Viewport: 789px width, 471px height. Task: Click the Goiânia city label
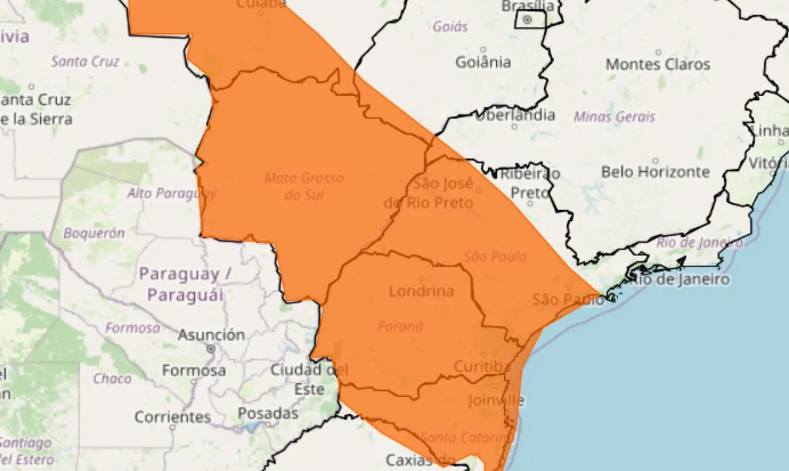tap(483, 62)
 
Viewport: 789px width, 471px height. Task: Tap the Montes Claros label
tap(658, 64)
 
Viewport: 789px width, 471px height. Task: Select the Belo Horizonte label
tap(655, 171)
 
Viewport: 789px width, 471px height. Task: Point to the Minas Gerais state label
tap(614, 117)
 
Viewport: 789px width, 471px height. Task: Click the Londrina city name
tap(421, 290)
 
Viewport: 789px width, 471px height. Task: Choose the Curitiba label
tap(482, 367)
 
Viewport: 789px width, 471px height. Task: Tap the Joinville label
tap(496, 400)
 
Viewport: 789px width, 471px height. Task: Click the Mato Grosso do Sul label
tap(304, 186)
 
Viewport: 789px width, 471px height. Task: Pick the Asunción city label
tap(211, 335)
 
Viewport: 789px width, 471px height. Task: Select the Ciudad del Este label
tap(309, 379)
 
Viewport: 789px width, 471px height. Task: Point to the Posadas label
tap(268, 413)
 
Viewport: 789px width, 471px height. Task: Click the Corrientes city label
tap(173, 417)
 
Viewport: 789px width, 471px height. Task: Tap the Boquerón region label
tap(94, 234)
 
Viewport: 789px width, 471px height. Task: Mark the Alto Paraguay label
tap(171, 194)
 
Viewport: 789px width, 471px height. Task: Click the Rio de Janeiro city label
tap(677, 279)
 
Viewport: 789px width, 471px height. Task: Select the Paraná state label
tap(400, 326)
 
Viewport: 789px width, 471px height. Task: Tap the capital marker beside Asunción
tap(211, 349)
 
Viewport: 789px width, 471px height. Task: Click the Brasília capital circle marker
tap(527, 20)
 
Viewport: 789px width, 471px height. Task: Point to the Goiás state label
tap(450, 27)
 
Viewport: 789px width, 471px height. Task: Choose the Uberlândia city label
tap(515, 115)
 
